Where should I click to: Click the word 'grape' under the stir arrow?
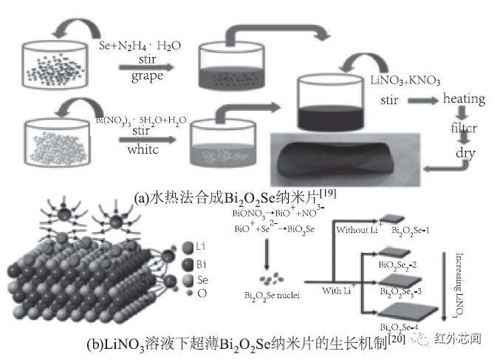[x=148, y=76]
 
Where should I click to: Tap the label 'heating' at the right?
[x=463, y=99]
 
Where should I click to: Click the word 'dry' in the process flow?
[x=463, y=155]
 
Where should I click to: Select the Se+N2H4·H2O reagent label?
[x=140, y=46]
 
